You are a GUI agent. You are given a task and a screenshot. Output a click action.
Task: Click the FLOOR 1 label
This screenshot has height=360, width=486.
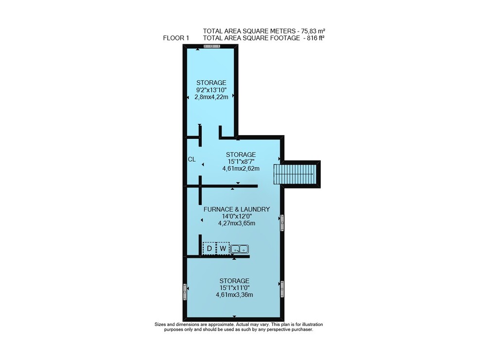coord(176,38)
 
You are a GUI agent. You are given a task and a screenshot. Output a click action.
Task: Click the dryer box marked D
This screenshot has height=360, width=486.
coord(209,248)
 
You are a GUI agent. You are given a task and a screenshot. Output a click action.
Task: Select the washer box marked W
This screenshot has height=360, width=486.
coord(223,248)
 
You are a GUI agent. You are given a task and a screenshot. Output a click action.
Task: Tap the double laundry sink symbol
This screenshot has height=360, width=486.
coord(240,248)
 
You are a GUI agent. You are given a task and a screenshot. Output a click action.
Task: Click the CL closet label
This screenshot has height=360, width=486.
coord(191,159)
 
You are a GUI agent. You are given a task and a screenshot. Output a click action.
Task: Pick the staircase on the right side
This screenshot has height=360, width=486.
coord(295,174)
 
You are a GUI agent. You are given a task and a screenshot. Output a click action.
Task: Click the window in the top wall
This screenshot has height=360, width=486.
coord(212,46)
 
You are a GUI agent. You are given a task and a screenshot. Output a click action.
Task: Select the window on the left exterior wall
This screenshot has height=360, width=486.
coord(185,292)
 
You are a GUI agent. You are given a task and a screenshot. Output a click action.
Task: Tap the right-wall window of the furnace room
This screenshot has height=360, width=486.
coord(282,223)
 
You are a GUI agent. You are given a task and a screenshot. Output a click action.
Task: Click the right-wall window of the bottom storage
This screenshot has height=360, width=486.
coord(282,289)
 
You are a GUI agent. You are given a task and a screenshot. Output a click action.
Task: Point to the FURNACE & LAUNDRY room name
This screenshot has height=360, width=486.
coord(237,209)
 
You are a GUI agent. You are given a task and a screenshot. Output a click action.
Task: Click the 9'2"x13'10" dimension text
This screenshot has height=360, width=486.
coord(211,90)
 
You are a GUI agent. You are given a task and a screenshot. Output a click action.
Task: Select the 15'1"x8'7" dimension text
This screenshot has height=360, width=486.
coord(241,161)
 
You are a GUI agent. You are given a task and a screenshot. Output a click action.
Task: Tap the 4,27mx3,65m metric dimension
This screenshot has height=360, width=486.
coord(237,223)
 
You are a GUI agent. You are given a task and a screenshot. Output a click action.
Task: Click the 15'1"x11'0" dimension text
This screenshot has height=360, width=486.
coord(234,288)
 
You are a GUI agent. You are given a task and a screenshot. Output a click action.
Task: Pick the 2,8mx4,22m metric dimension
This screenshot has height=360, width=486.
coord(211,97)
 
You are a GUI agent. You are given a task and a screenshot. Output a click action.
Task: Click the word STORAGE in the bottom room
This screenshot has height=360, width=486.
coord(234,281)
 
